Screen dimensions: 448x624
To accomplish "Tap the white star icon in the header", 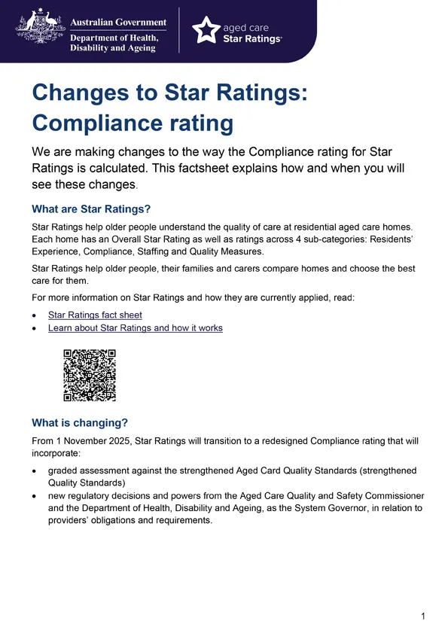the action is [206, 31].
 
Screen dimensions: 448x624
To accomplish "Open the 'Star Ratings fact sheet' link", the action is [95, 315].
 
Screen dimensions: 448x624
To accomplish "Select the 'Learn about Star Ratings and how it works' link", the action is [135, 328].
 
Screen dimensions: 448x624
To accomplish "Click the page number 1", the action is [423, 616].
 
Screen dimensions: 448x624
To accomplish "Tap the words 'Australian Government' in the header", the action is [118, 23].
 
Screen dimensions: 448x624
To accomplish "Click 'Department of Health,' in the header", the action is [114, 38].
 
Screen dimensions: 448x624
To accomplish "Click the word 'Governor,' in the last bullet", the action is [322, 508].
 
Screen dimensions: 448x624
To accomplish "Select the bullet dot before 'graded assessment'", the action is [35, 471].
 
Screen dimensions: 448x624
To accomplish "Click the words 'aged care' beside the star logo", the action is [246, 26].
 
